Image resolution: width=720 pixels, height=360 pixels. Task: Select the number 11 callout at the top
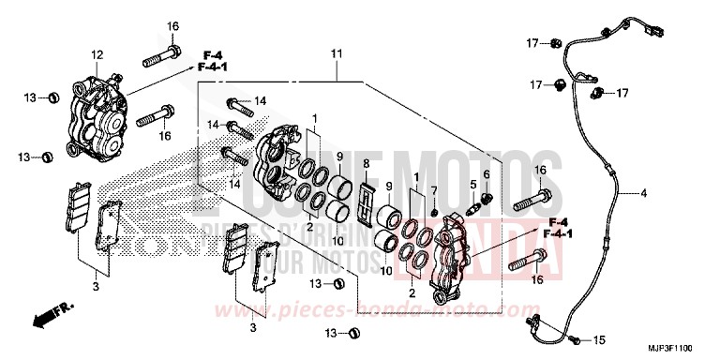coord(335,56)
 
